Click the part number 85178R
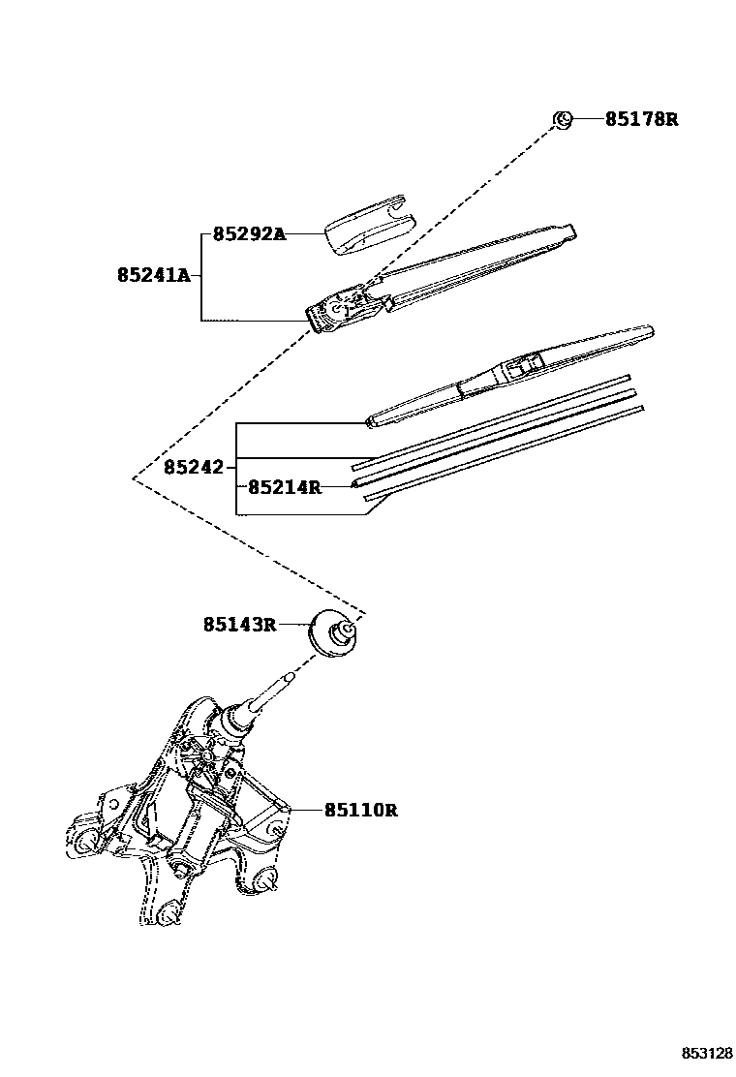[641, 120]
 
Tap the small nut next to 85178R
[562, 119]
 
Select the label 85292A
[249, 234]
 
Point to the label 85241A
[153, 275]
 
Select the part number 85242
[194, 467]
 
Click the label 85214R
[284, 487]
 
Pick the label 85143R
[239, 625]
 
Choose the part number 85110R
[360, 810]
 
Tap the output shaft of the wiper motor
[277, 693]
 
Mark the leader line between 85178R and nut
[588, 120]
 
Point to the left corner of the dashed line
[133, 477]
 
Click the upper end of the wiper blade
[646, 330]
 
